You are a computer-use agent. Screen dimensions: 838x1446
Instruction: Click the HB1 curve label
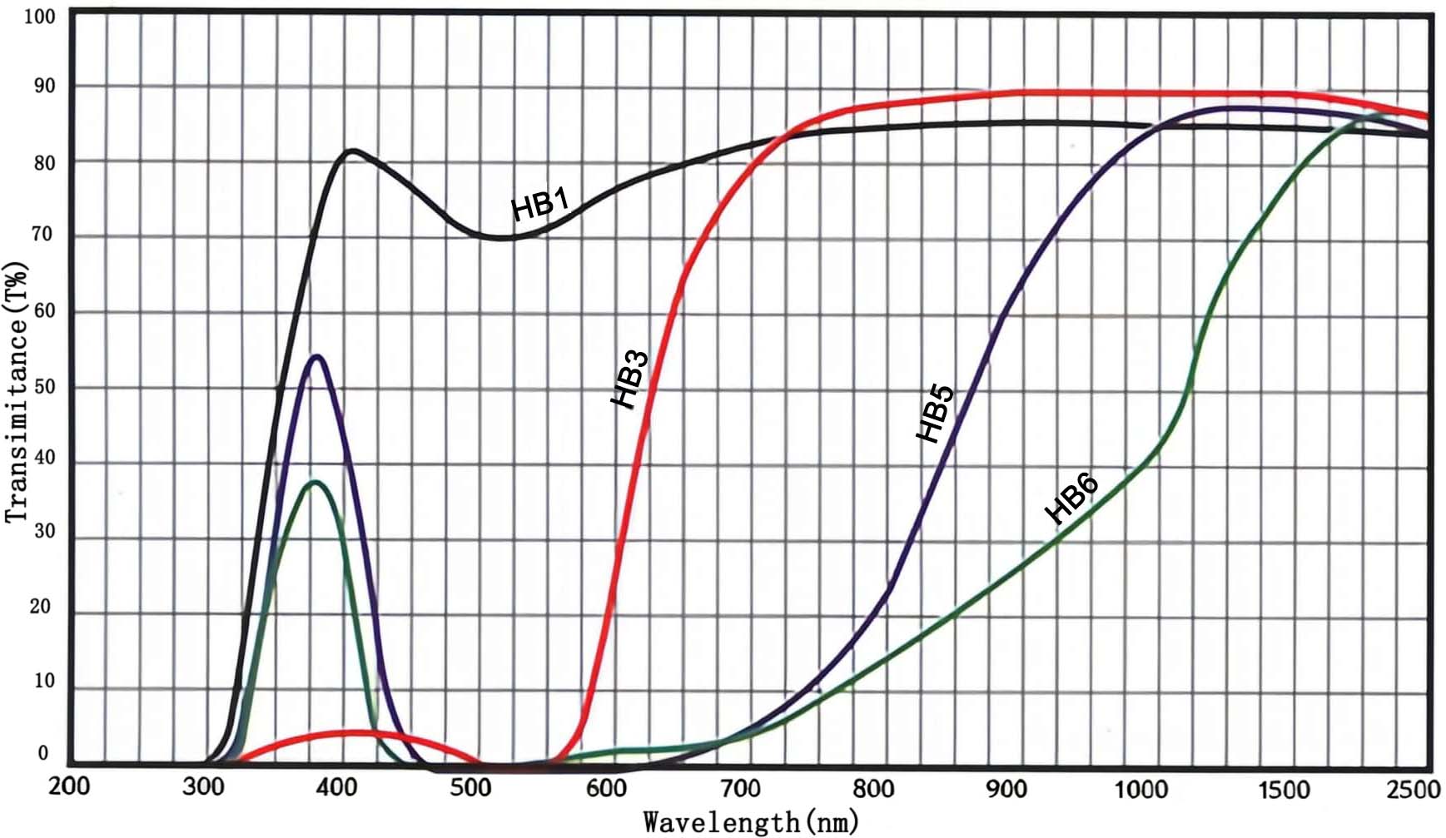(x=539, y=205)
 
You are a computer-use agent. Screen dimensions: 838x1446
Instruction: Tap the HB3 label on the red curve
(x=630, y=379)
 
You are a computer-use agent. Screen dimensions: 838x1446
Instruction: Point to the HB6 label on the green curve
(x=1072, y=498)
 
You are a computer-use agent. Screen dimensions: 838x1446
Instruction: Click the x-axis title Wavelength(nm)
(x=750, y=822)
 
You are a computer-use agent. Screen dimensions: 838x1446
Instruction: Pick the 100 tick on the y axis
(x=40, y=17)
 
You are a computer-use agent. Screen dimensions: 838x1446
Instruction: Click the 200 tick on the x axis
(x=69, y=787)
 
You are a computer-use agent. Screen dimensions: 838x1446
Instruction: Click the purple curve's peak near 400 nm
(x=317, y=357)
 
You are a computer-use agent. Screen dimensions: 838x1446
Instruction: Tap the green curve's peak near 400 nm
(x=316, y=482)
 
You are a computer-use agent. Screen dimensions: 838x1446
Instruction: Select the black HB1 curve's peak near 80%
(x=353, y=151)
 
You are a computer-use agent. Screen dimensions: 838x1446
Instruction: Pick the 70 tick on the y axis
(x=42, y=235)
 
